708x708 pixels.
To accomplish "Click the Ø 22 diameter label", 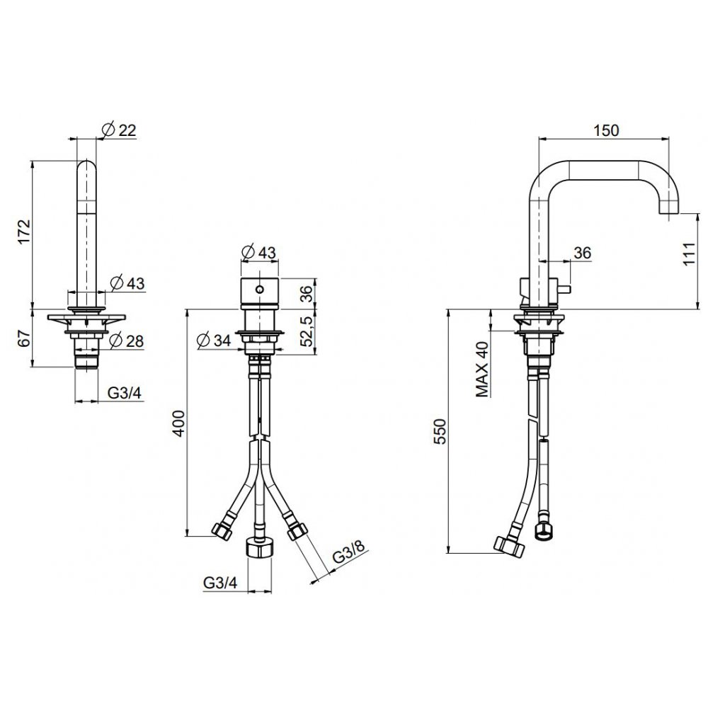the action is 119,130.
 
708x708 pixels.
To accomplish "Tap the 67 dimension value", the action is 24,338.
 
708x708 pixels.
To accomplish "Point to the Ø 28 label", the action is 127,341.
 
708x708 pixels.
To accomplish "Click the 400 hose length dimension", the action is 179,423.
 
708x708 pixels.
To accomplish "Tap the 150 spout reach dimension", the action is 606,130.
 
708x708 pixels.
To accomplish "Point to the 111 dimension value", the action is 690,253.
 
